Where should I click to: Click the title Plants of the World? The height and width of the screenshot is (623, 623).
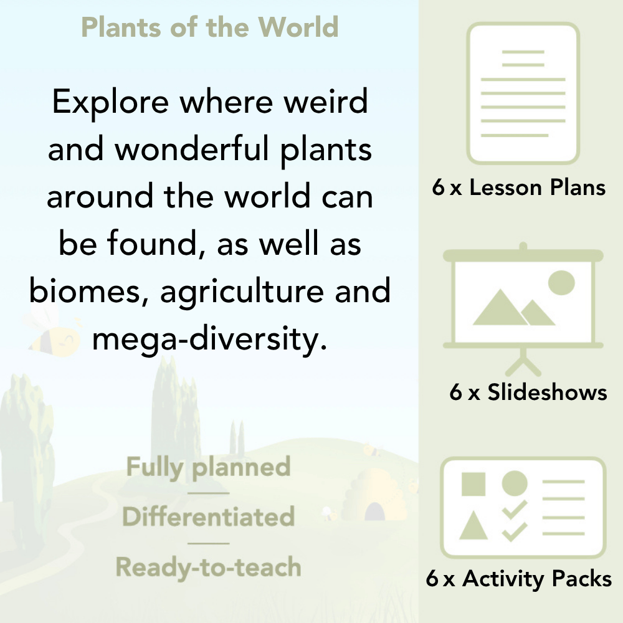click(210, 27)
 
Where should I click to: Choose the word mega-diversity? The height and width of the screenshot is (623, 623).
click(209, 339)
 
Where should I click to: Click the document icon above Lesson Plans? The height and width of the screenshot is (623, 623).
click(523, 93)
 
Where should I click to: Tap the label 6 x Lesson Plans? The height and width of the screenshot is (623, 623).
click(519, 188)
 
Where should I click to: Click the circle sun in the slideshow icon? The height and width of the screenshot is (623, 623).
click(561, 282)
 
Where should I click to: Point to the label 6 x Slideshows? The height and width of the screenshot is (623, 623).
click(528, 392)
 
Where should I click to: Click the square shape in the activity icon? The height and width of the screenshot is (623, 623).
click(473, 483)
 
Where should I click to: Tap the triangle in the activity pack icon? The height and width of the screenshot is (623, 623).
click(473, 526)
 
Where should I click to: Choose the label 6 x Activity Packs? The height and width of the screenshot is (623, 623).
click(519, 579)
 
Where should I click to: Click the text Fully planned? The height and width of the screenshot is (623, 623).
click(209, 467)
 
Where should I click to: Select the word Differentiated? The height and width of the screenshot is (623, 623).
click(209, 516)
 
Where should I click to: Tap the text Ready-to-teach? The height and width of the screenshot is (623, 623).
click(209, 567)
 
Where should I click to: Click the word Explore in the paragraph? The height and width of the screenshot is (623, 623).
click(110, 102)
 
